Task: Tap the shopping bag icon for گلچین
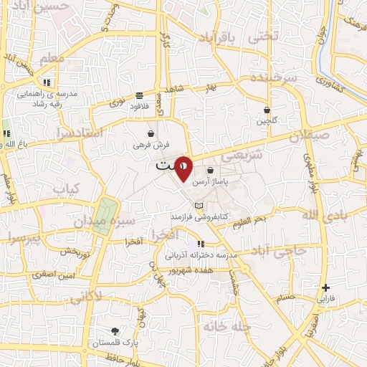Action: (267, 110)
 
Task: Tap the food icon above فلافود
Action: (138, 95)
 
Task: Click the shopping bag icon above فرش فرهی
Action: (151, 133)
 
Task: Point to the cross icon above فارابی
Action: (325, 287)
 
